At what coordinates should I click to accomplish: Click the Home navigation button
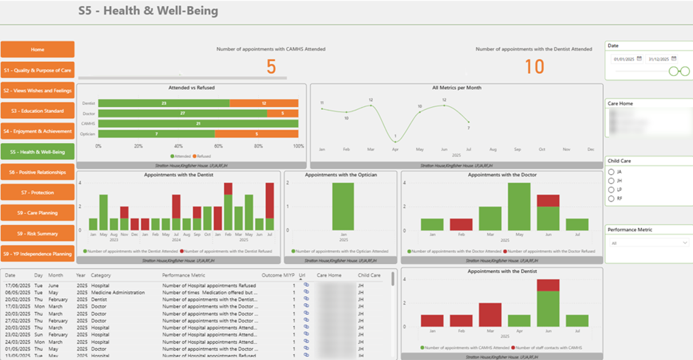(38, 49)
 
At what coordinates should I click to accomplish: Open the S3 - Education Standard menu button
(38, 111)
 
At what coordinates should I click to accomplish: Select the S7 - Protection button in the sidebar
(38, 193)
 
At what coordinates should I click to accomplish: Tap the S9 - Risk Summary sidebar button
(38, 233)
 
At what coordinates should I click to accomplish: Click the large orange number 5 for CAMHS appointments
(271, 67)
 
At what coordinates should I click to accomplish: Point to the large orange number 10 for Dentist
(534, 67)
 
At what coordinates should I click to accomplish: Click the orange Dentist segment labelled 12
(263, 103)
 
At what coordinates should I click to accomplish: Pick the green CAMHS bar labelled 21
(198, 123)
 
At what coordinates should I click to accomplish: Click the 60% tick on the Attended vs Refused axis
(218, 146)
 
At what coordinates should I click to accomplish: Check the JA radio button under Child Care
(611, 172)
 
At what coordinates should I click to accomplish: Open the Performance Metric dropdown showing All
(649, 242)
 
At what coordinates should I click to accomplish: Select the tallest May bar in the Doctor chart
(519, 207)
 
